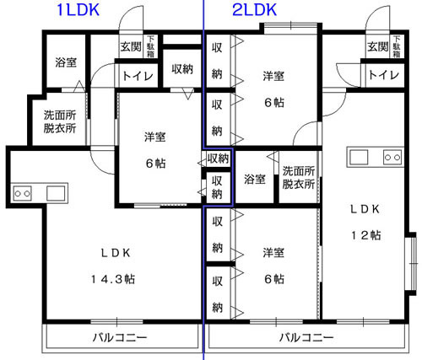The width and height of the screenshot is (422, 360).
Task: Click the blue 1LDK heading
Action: [x=78, y=9]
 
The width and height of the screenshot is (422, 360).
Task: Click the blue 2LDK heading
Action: [x=255, y=9]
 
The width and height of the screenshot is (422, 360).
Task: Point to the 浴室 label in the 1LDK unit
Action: [x=66, y=62]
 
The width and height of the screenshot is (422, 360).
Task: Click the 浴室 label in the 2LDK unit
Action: [x=255, y=179]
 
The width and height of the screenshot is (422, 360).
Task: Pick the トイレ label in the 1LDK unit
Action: [x=138, y=76]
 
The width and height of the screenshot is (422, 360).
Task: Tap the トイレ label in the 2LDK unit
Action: [x=384, y=75]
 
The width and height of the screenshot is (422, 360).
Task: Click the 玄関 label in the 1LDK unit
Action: [x=131, y=46]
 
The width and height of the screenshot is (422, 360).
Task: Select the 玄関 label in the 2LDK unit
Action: [x=378, y=46]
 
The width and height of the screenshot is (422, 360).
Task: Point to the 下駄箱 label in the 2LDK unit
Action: [x=397, y=46]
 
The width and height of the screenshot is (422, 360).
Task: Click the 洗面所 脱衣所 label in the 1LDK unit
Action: [x=60, y=121]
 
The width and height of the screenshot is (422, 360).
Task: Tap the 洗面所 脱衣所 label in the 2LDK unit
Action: [x=299, y=178]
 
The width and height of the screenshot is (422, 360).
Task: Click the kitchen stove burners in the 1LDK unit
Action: [x=23, y=193]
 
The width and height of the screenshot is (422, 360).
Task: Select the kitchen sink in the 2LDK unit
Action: [x=359, y=157]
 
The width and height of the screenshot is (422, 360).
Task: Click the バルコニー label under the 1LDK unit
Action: [x=120, y=337]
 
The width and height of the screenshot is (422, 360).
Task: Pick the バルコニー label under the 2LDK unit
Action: [x=306, y=337]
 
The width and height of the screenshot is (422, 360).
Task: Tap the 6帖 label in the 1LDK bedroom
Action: [x=156, y=164]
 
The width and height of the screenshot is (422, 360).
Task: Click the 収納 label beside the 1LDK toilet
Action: [x=182, y=69]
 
